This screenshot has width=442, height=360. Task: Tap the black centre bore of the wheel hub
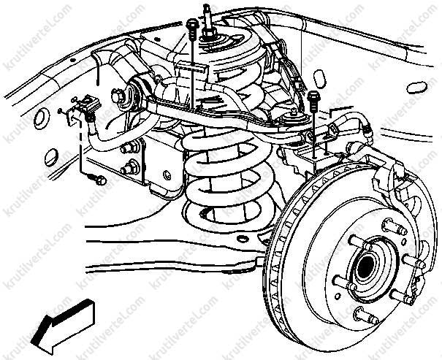[365, 267]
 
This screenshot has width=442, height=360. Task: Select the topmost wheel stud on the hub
[395, 227]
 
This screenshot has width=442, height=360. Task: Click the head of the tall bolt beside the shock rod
[193, 23]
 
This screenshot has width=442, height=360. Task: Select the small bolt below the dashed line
[98, 179]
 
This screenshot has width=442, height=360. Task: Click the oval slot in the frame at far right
[416, 88]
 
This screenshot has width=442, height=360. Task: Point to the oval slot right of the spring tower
[319, 78]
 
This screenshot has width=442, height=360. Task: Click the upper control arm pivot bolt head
[118, 96]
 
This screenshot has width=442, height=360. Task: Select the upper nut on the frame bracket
[129, 148]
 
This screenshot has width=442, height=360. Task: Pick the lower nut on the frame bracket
[129, 169]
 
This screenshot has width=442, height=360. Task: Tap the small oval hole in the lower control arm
[243, 239]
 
